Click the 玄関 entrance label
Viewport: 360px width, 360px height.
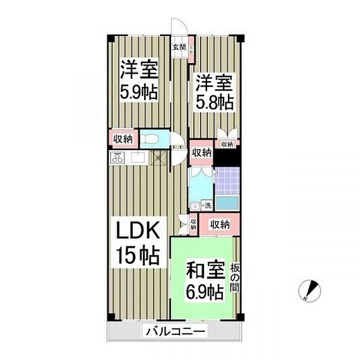[178, 47]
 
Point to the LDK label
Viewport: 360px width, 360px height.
[137, 230]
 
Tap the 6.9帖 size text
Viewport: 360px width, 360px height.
[204, 293]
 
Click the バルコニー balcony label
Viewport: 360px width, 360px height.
[175, 332]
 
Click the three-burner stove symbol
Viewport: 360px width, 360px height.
[117, 158]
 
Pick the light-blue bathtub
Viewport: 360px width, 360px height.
[226, 203]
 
